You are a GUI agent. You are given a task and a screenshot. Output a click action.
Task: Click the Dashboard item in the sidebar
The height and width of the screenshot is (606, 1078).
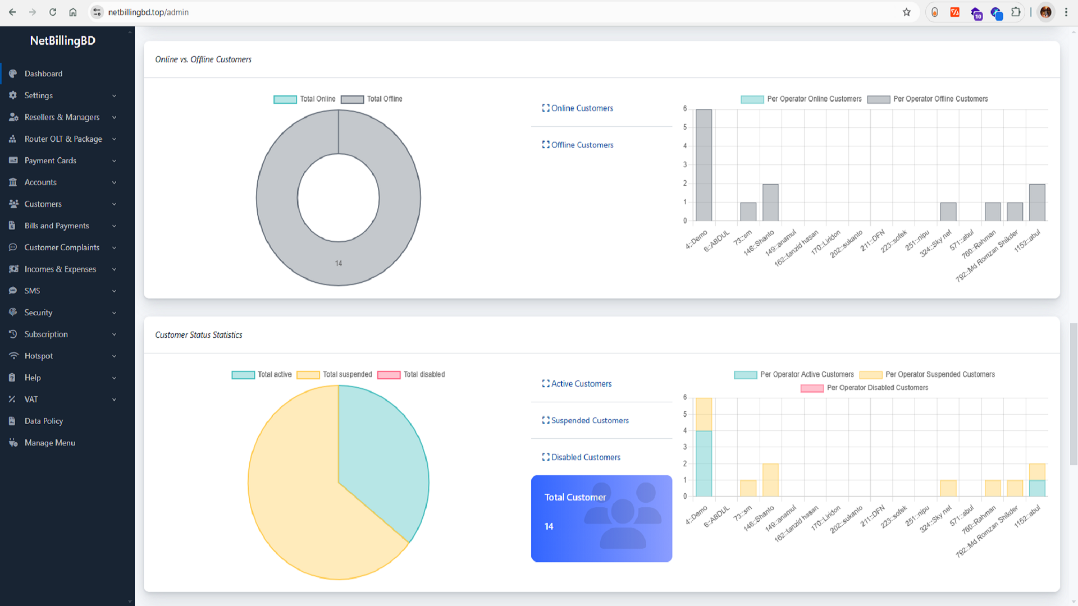click(43, 74)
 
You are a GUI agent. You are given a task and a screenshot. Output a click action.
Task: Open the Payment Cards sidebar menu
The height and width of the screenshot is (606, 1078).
click(51, 160)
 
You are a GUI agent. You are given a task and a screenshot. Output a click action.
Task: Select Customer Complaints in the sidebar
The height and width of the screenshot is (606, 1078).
click(62, 247)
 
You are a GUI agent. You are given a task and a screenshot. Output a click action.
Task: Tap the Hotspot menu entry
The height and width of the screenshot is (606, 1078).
click(39, 356)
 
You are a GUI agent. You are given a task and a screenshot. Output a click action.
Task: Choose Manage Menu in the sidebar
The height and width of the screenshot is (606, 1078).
click(49, 443)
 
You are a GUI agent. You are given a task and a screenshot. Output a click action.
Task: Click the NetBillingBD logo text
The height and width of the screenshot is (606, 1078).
click(63, 40)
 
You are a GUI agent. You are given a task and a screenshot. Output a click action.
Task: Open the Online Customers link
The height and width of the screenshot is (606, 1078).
click(582, 108)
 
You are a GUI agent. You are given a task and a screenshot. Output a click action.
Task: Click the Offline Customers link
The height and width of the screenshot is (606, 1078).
click(582, 145)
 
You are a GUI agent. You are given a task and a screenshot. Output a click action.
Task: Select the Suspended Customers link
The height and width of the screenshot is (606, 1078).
click(590, 420)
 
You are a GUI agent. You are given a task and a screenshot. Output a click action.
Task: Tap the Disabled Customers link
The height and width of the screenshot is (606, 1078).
click(586, 457)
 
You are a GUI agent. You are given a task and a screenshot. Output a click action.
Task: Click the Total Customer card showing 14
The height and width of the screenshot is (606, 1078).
click(601, 518)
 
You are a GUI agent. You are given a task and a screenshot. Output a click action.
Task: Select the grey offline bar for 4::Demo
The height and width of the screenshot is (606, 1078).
click(704, 165)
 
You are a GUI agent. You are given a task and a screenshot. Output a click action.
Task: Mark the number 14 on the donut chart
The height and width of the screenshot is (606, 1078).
click(339, 263)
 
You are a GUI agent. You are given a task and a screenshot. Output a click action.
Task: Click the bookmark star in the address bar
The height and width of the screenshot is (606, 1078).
click(906, 12)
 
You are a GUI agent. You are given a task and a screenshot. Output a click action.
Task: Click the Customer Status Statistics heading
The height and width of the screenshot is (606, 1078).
click(199, 335)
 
